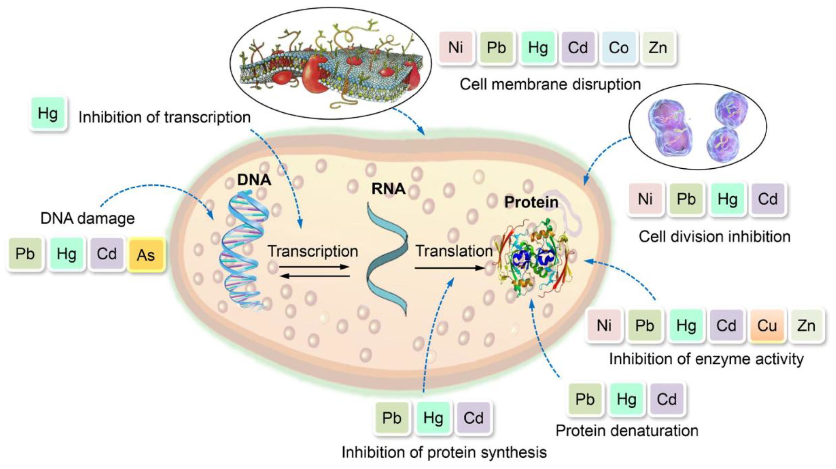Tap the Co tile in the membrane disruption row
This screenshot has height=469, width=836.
pos(619,48)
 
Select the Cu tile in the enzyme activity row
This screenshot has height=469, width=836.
pos(767,325)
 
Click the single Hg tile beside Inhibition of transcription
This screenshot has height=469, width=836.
pos(48,114)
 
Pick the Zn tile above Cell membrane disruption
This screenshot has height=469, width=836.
pos(658,48)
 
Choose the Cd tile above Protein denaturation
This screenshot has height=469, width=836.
pos(667,399)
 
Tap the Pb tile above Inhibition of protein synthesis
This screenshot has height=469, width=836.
pos(392,418)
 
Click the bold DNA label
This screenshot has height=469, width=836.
pos(254,180)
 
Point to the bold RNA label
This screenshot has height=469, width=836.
pos(388,189)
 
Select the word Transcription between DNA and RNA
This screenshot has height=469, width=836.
pos(313,251)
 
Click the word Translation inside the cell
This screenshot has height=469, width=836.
pos(454,251)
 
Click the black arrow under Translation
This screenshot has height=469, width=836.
pos(449,268)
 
